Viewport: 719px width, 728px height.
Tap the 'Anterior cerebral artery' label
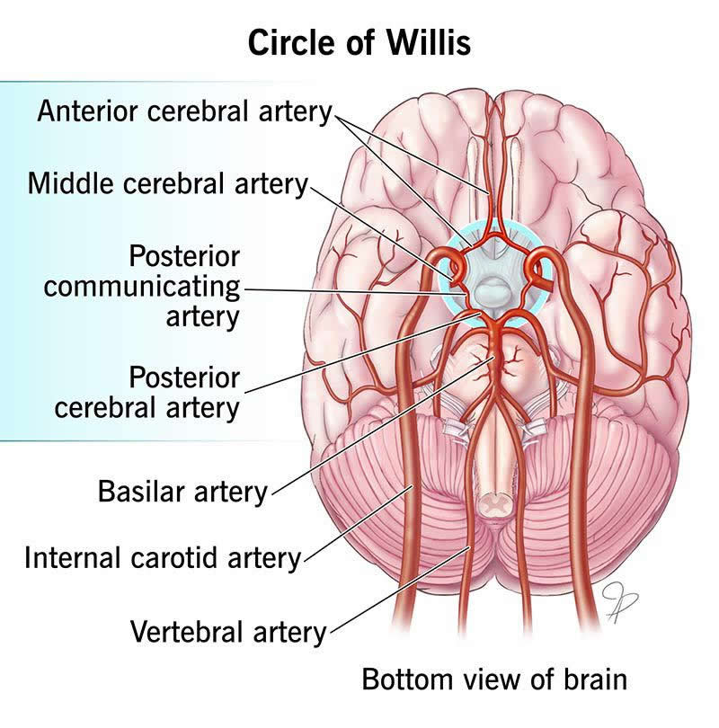(x=184, y=112)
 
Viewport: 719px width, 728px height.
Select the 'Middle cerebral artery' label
(x=168, y=184)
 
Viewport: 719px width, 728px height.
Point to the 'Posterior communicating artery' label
(x=142, y=287)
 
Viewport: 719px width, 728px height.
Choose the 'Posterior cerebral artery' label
(x=147, y=391)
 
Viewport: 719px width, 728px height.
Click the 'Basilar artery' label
(x=182, y=492)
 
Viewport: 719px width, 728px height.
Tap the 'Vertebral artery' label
(x=228, y=631)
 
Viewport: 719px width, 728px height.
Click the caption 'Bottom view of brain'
(x=493, y=679)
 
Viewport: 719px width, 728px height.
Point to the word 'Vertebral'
(x=183, y=631)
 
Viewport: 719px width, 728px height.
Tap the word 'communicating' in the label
(x=142, y=288)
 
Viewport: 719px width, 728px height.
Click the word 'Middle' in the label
(x=67, y=184)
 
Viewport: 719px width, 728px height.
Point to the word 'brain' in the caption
(x=597, y=679)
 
